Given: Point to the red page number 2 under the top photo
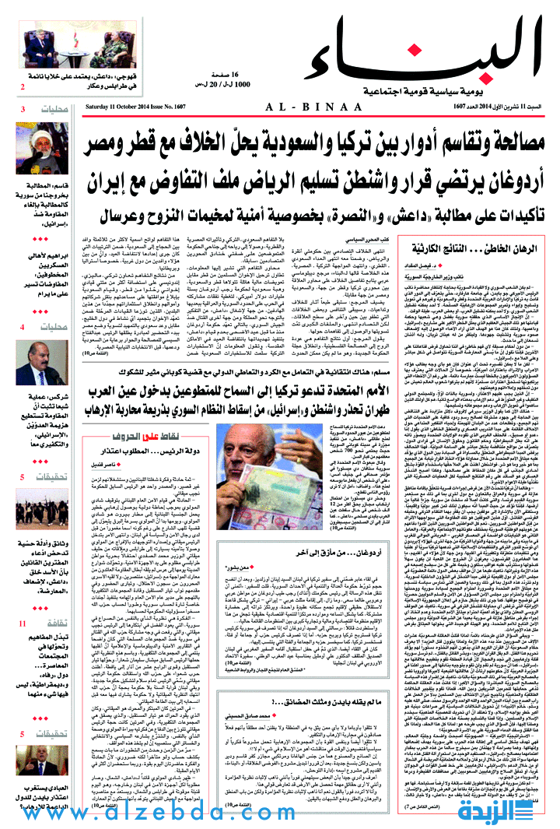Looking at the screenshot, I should click(23, 86).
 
